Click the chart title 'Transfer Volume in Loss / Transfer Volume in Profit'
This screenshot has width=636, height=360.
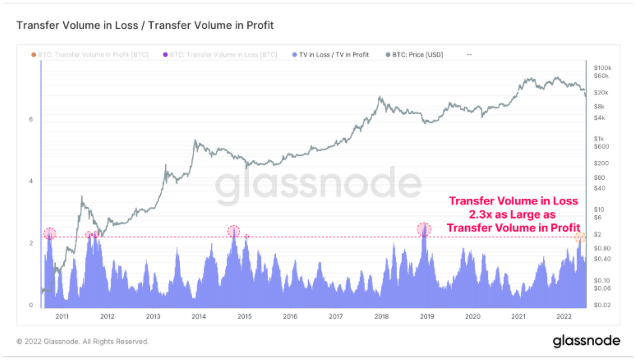[145, 25]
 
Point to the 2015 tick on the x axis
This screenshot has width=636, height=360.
[245, 316]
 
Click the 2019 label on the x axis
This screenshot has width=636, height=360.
[427, 316]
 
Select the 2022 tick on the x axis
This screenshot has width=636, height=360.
[564, 316]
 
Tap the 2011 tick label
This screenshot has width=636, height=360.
[62, 316]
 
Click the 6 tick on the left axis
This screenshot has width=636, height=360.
[31, 119]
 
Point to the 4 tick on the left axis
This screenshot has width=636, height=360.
[31, 181]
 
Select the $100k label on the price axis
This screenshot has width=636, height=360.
[602, 68]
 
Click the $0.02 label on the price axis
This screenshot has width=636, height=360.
[602, 305]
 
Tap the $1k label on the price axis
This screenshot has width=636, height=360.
[599, 139]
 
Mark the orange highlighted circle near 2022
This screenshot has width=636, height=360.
[580, 237]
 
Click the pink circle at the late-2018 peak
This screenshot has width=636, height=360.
[424, 230]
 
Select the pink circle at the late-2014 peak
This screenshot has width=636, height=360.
[234, 231]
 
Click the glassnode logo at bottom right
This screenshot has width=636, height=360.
[586, 341]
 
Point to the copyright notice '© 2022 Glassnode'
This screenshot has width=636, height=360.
[82, 342]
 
